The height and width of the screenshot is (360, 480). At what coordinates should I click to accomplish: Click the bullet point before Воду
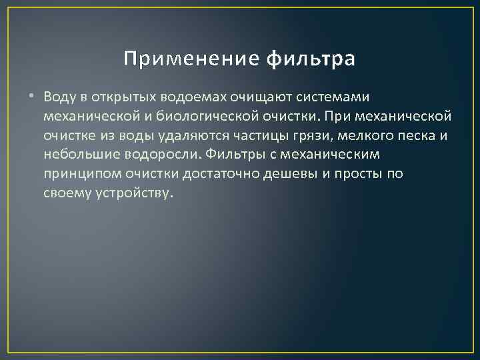coord(33,97)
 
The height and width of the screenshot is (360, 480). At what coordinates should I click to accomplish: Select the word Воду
coord(57,97)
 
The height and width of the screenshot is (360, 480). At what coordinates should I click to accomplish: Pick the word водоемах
coord(187,97)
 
